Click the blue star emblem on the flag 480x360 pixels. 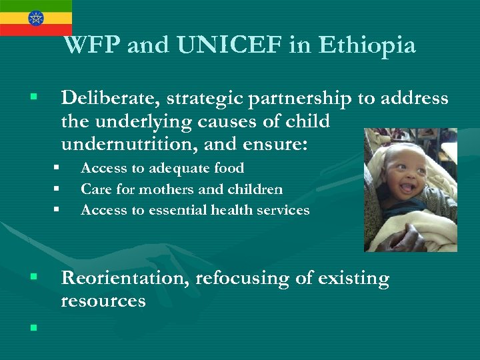coord(35,17)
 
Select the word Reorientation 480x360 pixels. coord(125,278)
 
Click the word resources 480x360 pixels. coord(103,301)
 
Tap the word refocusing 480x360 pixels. coord(243,278)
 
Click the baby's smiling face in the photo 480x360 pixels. coord(402,175)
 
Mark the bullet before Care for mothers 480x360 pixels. coord(57,189)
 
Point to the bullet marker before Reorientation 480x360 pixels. coord(33,276)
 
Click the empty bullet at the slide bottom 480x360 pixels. coord(33,327)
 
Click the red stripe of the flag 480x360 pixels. coord(35,30)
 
